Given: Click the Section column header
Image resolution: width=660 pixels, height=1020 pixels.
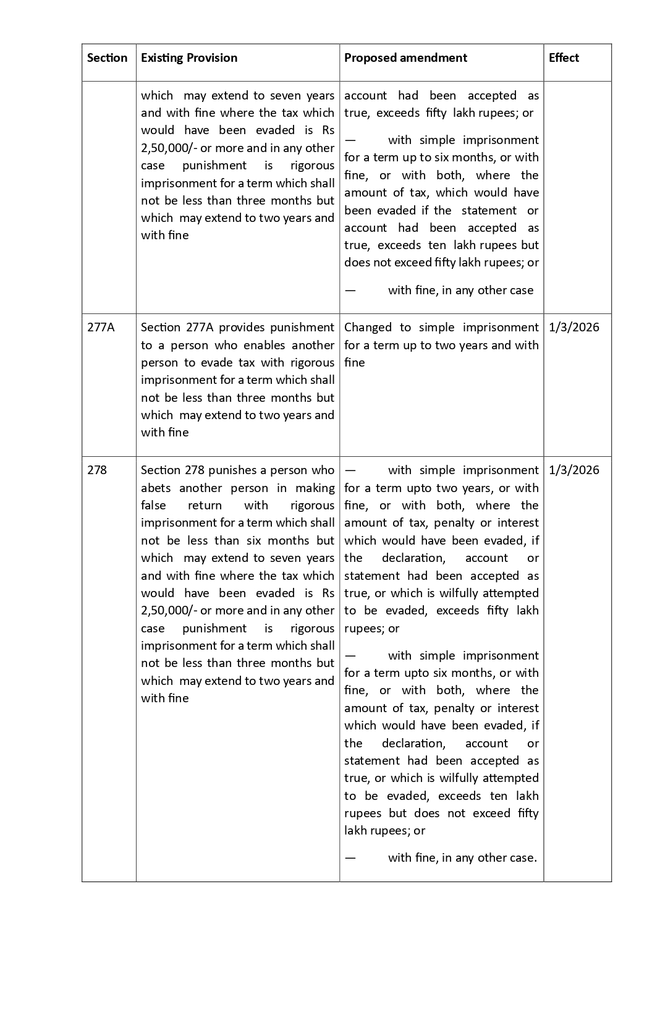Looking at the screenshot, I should (107, 58).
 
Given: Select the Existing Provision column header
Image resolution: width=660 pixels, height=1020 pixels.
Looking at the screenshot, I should (188, 58).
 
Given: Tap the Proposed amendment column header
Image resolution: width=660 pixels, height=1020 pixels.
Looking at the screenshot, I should (405, 58).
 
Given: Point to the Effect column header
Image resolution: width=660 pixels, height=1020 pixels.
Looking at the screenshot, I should (564, 58).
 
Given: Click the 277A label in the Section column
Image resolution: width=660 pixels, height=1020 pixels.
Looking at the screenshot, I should (101, 328).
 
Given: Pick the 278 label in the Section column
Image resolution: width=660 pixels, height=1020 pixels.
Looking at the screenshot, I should (97, 470).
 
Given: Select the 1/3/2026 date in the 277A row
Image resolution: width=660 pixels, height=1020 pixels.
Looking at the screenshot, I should (573, 328).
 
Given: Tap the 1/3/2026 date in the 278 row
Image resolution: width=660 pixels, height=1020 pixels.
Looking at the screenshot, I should (573, 470).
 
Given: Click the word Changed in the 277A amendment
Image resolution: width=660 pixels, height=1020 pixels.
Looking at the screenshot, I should (368, 328).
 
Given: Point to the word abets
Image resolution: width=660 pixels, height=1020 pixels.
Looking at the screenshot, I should (155, 488).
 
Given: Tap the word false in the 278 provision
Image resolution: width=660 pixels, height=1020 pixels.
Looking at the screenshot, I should (153, 506).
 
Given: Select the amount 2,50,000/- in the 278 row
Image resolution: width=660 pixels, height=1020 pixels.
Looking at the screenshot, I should (168, 611).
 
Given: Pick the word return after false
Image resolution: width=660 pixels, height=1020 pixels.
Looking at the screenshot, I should (205, 506).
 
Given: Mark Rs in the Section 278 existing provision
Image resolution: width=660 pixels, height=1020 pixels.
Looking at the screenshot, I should (328, 593).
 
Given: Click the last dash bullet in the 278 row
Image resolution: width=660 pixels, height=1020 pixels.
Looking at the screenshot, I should (350, 858).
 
